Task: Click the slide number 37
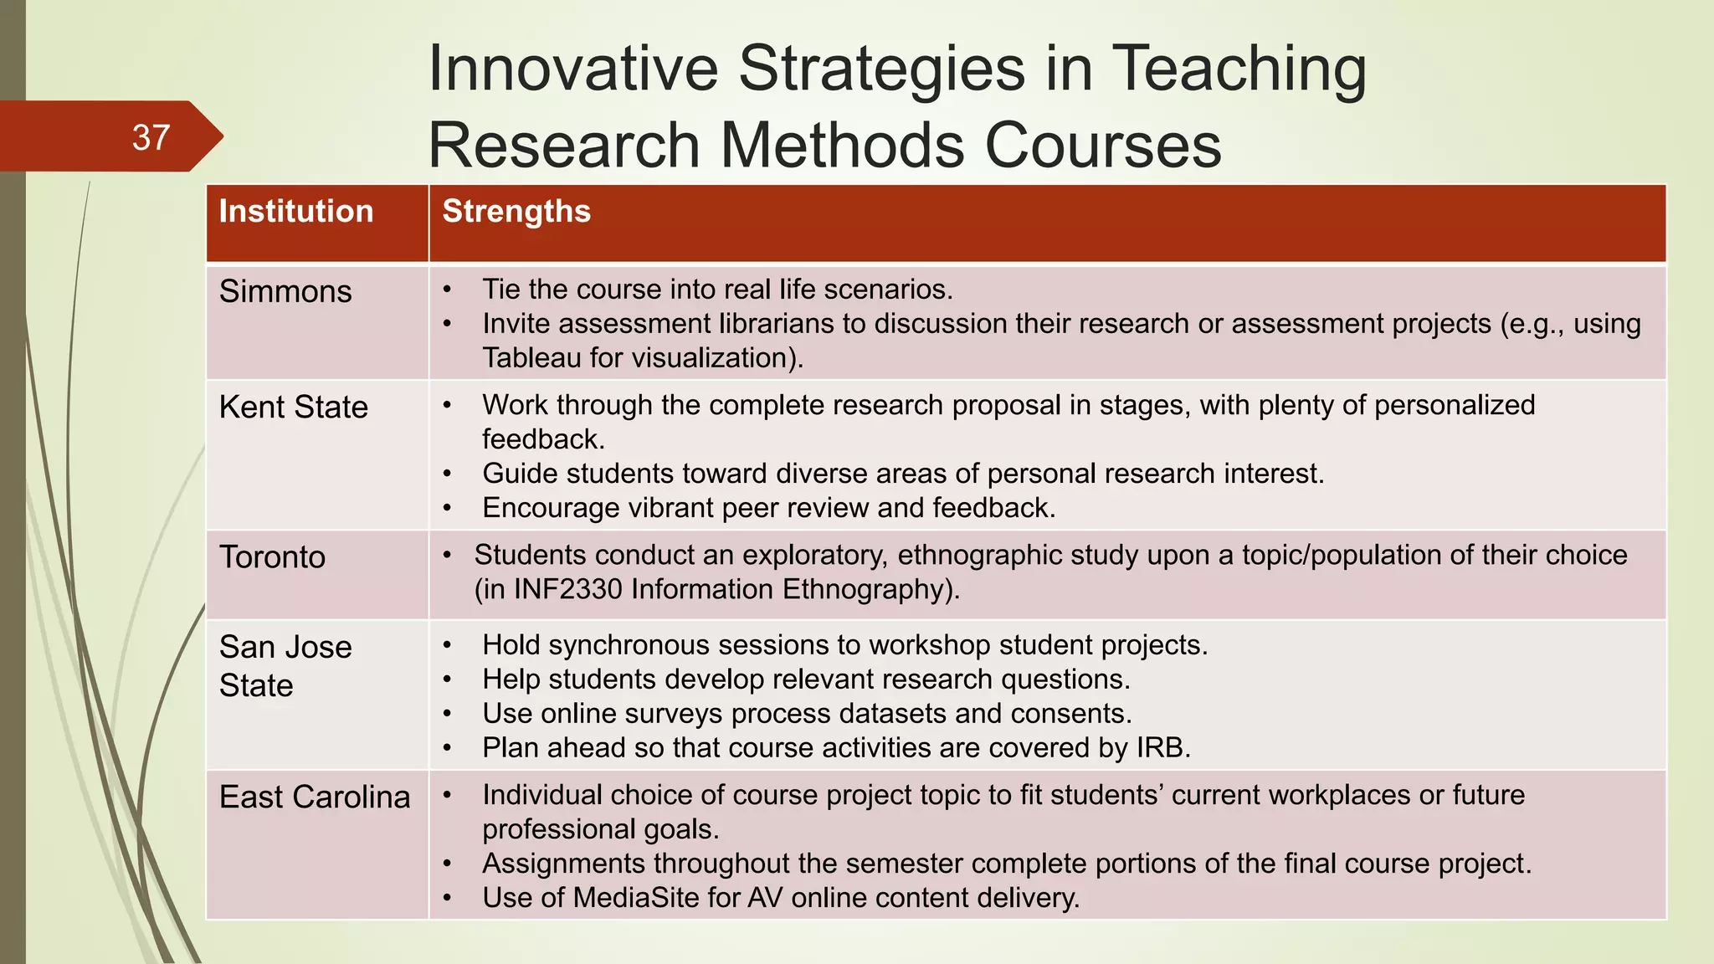pyautogui.click(x=151, y=137)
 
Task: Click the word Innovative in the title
pyautogui.click(x=573, y=69)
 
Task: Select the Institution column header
pyautogui.click(x=296, y=212)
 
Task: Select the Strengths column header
pyautogui.click(x=516, y=212)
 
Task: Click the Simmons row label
pyautogui.click(x=285, y=291)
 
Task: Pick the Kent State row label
pyautogui.click(x=294, y=407)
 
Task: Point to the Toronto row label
pyautogui.click(x=272, y=557)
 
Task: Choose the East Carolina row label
pyautogui.click(x=315, y=797)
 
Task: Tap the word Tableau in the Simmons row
pyautogui.click(x=531, y=358)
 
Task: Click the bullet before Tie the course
pyautogui.click(x=448, y=290)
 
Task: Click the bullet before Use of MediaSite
pyautogui.click(x=448, y=898)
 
